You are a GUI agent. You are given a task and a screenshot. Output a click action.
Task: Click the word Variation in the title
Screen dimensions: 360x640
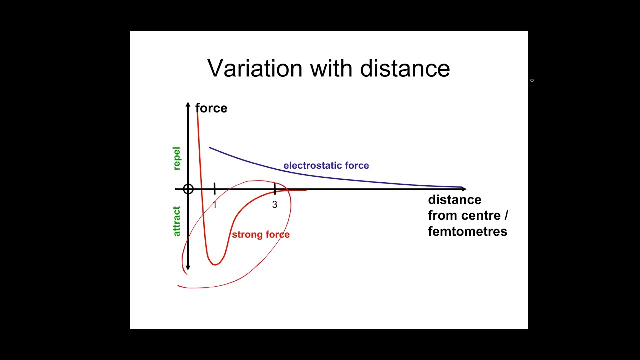[255, 68]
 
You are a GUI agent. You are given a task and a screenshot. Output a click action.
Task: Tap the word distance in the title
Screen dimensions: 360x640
[405, 68]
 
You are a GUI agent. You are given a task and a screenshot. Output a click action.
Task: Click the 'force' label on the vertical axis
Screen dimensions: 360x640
[211, 108]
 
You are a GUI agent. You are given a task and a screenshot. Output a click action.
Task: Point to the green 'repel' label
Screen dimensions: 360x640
[176, 159]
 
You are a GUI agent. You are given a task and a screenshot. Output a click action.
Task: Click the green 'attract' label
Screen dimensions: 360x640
[176, 221]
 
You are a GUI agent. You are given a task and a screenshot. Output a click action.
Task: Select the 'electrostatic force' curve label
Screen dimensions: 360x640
[326, 165]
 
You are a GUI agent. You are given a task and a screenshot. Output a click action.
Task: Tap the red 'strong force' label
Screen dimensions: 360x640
[260, 235]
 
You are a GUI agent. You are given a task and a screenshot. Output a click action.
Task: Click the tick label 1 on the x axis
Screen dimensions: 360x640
[215, 205]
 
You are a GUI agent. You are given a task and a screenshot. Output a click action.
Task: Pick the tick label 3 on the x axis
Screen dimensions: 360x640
[274, 205]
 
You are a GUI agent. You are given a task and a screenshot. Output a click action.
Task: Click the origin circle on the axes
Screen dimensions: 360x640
[188, 189]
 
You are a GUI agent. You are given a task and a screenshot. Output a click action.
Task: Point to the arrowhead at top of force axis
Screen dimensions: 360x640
[188, 104]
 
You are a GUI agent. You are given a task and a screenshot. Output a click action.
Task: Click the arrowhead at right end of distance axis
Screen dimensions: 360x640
[464, 189]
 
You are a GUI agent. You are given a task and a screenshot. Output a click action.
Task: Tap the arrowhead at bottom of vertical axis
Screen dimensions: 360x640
[188, 268]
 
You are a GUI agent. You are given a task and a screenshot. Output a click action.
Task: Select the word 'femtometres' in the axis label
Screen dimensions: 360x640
[467, 231]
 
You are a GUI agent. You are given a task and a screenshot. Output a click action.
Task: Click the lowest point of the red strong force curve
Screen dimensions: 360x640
[215, 264]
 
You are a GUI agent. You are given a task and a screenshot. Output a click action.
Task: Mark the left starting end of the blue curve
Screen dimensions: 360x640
[210, 147]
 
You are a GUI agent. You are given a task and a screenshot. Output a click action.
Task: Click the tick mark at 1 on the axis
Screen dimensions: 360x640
[214, 189]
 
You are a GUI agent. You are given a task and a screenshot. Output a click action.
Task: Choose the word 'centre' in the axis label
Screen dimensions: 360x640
[480, 215]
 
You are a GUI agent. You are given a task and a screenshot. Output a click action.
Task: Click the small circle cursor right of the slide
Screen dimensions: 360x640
[532, 80]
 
